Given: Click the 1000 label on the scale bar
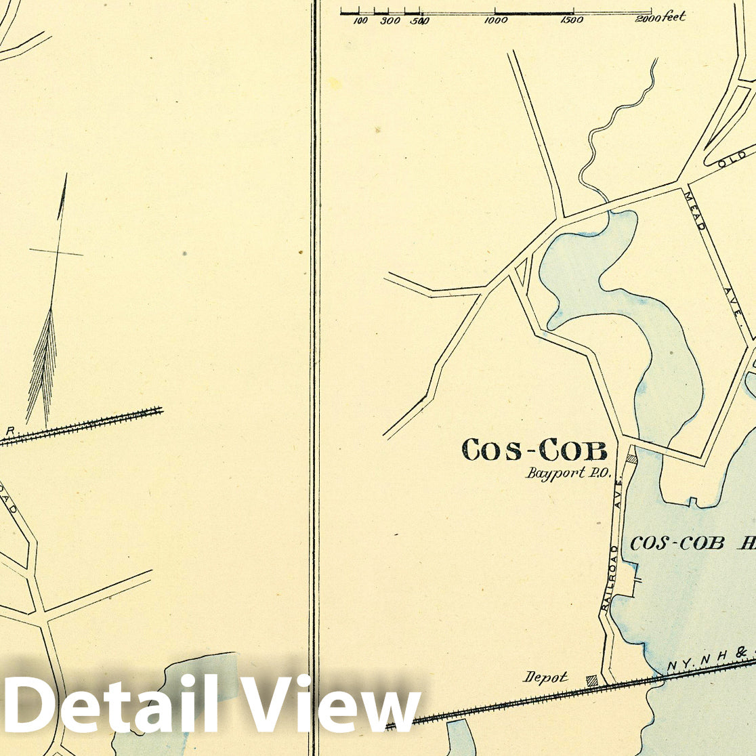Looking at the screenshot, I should [497, 20].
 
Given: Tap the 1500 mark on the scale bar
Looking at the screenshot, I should [572, 20].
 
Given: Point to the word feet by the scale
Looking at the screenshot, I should [675, 17].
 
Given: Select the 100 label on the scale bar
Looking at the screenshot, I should [360, 21].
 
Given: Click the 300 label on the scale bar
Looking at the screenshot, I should [390, 21].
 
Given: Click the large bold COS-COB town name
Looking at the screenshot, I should [534, 450].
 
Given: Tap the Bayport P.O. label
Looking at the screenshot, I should [568, 473].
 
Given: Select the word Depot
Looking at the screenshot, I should [545, 676].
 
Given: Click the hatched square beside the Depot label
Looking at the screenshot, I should [592, 679].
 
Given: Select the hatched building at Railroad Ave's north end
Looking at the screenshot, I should [632, 458].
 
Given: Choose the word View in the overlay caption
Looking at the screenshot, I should [332, 705].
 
